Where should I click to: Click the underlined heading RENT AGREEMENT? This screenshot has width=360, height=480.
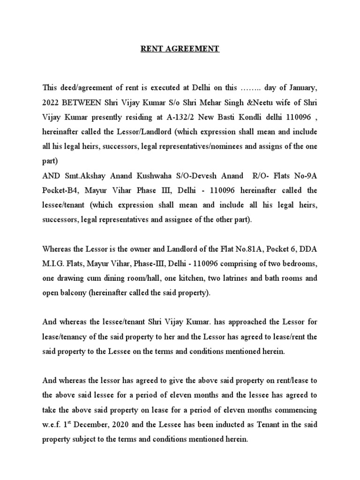click(180, 49)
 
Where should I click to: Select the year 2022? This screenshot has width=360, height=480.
click(52, 102)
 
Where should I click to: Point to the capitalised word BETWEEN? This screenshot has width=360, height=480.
click(87, 102)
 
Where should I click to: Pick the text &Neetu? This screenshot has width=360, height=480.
click(255, 102)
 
